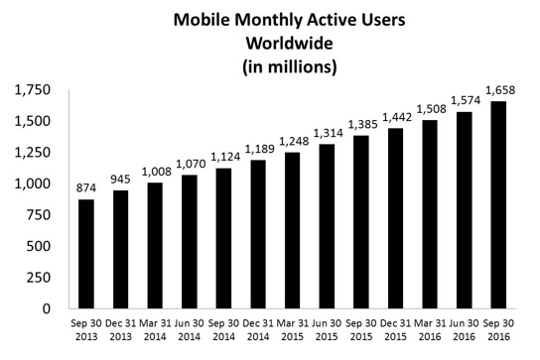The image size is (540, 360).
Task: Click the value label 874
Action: click(x=86, y=190)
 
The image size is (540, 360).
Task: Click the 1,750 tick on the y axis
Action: click(x=33, y=91)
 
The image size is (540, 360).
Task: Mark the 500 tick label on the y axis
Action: click(x=40, y=246)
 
